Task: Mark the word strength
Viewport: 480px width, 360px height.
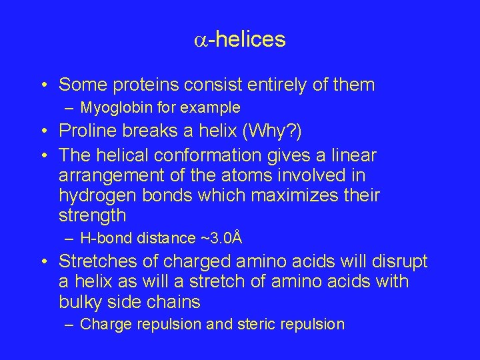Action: pyautogui.click(x=92, y=216)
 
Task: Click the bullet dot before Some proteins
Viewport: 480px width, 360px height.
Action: pyautogui.click(x=43, y=85)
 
